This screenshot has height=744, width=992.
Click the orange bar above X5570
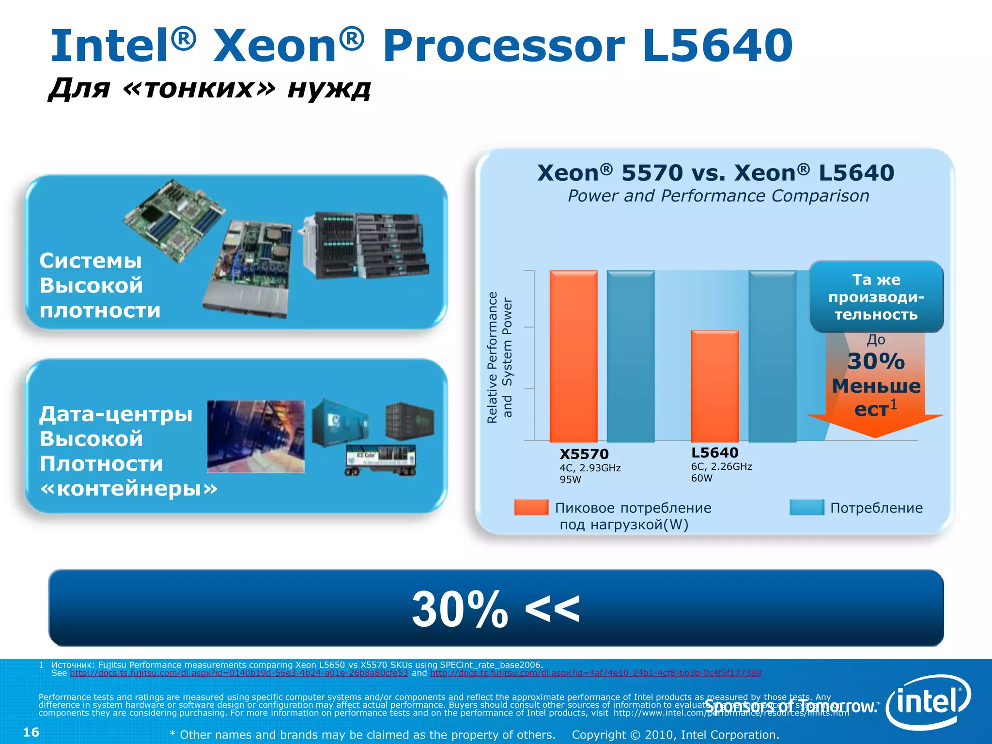573,356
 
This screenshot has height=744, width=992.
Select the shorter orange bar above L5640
714,386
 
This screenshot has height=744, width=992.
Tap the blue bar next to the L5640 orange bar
772,356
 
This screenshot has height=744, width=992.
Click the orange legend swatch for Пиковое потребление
531,507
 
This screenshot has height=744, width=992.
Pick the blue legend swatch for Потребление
806,507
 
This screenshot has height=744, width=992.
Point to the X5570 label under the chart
584,454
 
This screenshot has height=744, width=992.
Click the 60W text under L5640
701,479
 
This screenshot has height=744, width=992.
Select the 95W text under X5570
570,480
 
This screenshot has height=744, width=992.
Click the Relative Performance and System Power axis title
499,357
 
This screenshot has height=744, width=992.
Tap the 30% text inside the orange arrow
876,361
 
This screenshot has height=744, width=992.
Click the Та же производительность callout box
876,296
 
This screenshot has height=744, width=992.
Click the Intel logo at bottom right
928,702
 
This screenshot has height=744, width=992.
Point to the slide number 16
31,732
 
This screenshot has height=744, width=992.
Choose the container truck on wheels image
380,460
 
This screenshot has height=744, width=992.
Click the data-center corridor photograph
255,436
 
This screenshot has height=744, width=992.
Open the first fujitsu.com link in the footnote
239,673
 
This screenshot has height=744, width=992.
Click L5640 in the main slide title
717,46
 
